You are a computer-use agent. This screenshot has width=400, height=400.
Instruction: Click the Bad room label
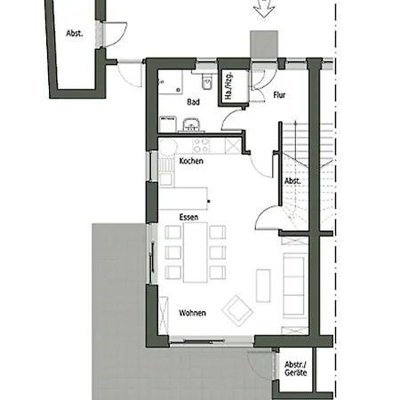point(193,102)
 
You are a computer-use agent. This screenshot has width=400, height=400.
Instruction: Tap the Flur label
point(279,94)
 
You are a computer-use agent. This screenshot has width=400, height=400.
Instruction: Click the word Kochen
point(191,161)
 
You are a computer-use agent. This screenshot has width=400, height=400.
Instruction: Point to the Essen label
point(188,216)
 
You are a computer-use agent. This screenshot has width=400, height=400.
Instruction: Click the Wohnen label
point(193,314)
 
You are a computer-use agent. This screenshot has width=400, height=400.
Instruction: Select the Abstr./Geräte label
point(295,370)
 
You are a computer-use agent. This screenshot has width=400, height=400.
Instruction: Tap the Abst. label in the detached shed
point(74,33)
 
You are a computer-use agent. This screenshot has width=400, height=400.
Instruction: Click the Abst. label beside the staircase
point(292,180)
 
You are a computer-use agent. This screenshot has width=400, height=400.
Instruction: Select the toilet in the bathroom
point(206,82)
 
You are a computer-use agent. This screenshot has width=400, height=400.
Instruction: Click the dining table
point(195,252)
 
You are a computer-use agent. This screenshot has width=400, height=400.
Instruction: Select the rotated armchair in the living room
point(238,309)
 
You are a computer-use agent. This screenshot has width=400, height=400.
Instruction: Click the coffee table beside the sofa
point(263,284)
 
